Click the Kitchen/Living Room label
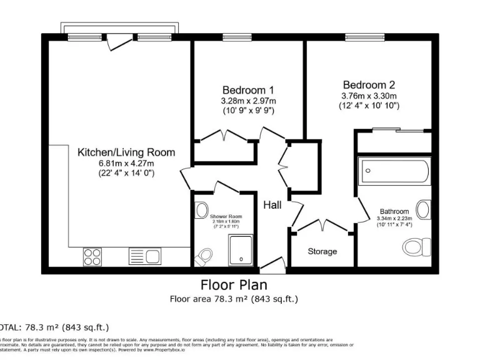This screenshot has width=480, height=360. [126, 152]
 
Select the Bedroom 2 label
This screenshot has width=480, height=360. [369, 85]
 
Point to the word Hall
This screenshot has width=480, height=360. [272, 205]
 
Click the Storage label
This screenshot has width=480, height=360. [322, 251]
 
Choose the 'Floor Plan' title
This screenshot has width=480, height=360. [234, 285]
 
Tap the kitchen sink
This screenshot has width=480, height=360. [144, 255]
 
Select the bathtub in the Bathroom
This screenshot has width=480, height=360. [394, 170]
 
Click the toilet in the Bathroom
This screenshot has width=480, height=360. [415, 247]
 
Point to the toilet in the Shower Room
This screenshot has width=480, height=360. [203, 257]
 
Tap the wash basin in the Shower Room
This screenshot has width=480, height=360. [201, 210]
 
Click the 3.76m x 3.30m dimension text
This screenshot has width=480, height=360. [369, 96]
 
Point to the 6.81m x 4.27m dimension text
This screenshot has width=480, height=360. [126, 164]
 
